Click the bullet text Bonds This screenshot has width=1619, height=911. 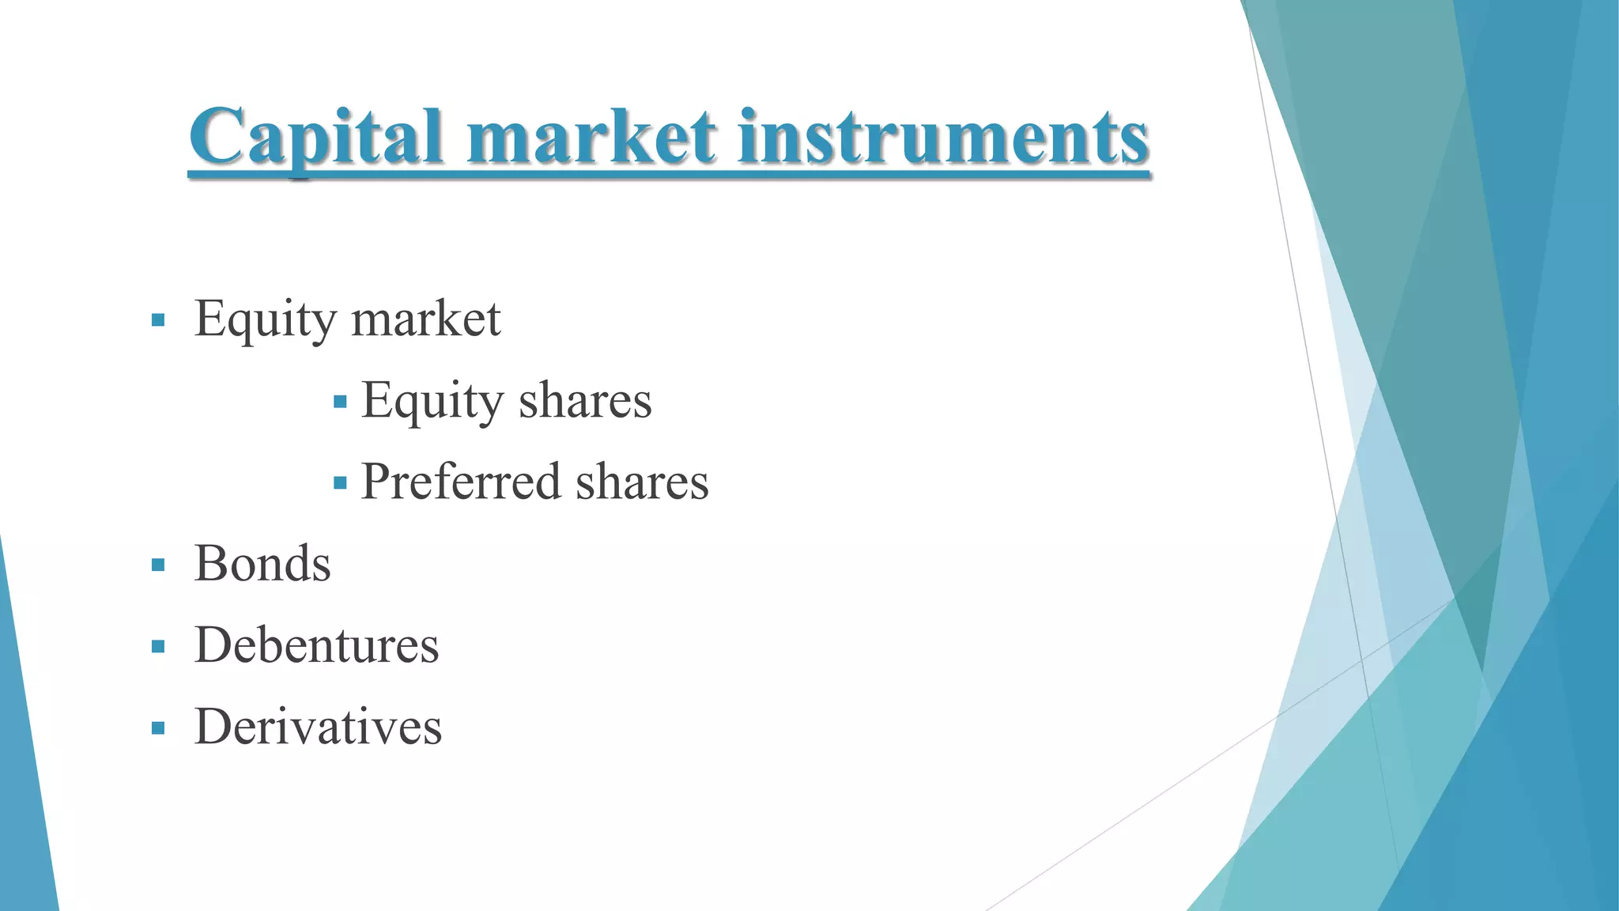[x=262, y=564]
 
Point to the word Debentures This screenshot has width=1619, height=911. [x=316, y=645]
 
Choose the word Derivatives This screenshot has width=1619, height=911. [x=318, y=727]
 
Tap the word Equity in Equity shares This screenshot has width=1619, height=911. [x=432, y=401]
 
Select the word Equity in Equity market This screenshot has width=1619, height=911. [x=265, y=319]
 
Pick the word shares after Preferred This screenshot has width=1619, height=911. [x=642, y=482]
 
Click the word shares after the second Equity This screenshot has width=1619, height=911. [x=585, y=401]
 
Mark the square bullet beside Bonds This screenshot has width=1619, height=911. [x=158, y=565]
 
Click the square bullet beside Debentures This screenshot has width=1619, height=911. [x=158, y=647]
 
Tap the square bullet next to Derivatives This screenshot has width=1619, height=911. [x=158, y=728]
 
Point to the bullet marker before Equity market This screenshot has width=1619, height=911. [x=158, y=320]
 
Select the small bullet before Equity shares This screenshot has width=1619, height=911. [x=341, y=403]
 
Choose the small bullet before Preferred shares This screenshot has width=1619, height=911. [x=341, y=483]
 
